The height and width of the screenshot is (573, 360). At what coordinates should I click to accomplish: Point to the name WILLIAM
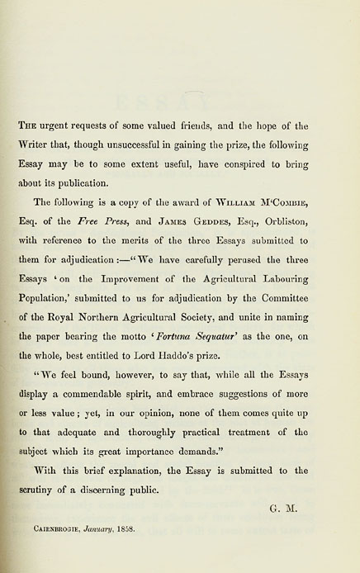point(242,201)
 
